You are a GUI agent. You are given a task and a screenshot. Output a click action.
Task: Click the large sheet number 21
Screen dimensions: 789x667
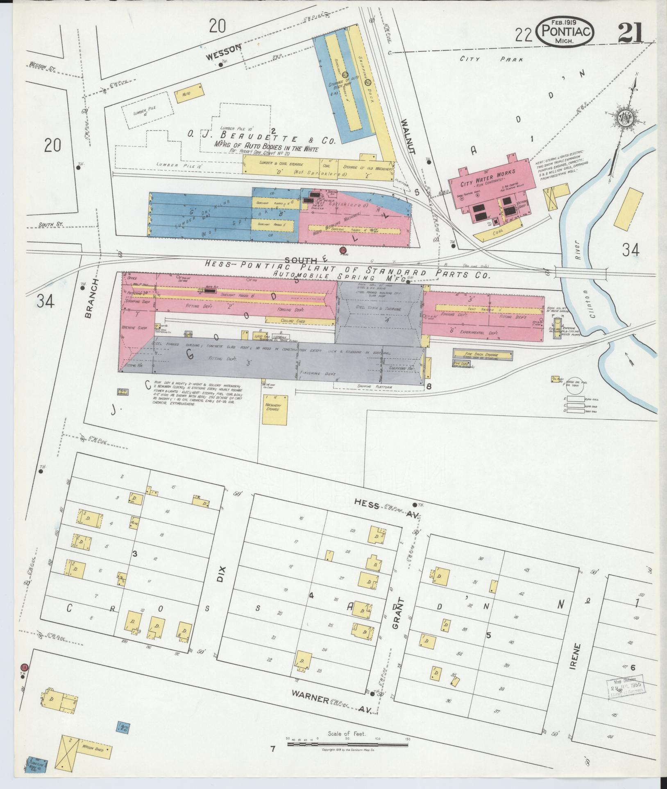click(x=630, y=32)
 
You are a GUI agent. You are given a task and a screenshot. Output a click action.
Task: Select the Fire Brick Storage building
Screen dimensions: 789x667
click(x=482, y=355)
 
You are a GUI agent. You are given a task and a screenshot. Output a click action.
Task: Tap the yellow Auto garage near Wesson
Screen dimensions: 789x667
click(x=188, y=93)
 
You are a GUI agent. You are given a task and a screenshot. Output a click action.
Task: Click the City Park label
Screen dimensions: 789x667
click(x=491, y=60)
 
